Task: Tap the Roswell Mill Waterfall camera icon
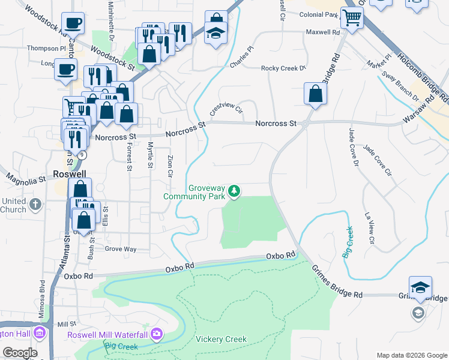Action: tap(157, 333)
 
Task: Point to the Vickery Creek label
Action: tap(221, 340)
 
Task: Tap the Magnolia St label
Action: tap(26, 179)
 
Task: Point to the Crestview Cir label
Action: tap(225, 109)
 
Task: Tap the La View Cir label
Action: tap(370, 228)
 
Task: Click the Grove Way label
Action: tap(121, 248)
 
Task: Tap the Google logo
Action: tap(19, 353)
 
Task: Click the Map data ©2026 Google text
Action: tap(412, 355)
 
